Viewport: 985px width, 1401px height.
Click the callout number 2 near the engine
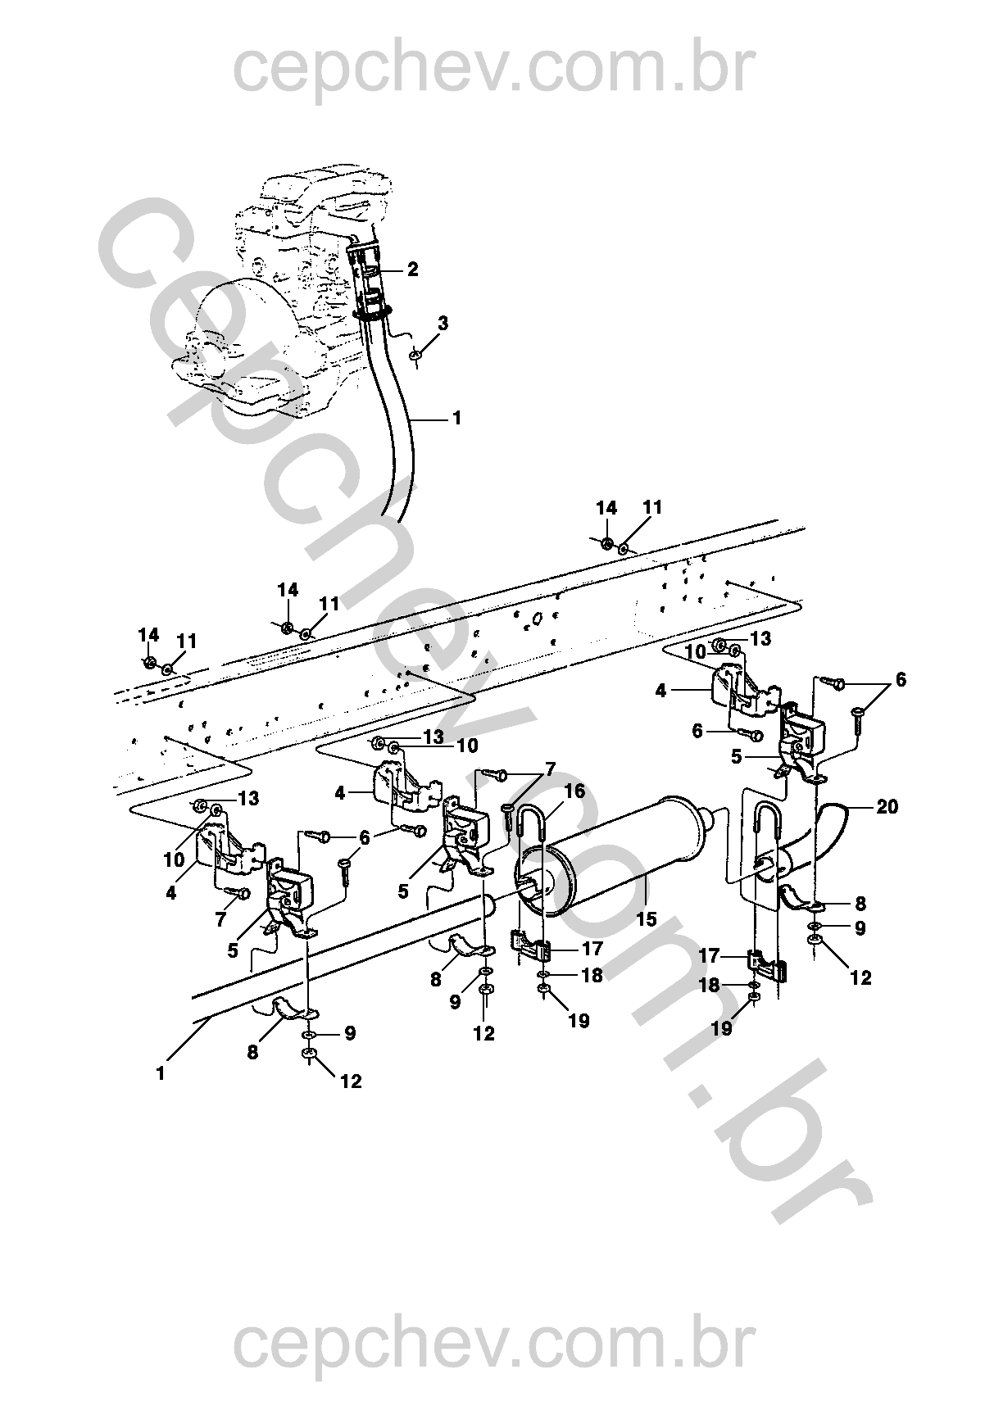(x=412, y=270)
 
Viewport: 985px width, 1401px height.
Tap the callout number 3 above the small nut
(x=443, y=324)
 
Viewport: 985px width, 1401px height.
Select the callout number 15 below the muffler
(x=647, y=919)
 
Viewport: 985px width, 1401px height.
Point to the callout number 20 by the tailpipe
(x=887, y=807)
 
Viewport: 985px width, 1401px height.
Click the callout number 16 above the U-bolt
(x=574, y=791)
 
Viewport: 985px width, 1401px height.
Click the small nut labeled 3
(x=415, y=356)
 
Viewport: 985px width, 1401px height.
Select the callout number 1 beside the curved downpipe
(x=456, y=418)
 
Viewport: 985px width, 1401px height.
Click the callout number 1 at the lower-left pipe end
(x=160, y=1073)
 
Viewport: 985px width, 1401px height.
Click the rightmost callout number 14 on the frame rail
(x=606, y=509)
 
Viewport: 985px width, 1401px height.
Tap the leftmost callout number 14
(x=148, y=635)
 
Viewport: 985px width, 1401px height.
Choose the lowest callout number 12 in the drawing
(x=351, y=1081)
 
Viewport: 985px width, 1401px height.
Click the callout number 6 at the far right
(x=901, y=680)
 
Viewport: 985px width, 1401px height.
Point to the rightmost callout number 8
(x=860, y=904)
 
